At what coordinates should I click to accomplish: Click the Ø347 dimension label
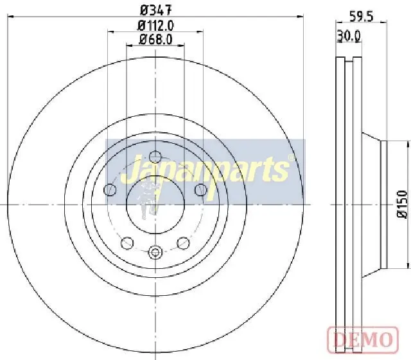pos(156,10)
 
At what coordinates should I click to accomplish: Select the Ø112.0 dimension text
pos(155,26)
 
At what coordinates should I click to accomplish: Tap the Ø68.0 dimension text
pos(155,40)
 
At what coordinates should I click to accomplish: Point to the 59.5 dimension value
pos(361,17)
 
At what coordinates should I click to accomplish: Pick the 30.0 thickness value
pos(349,36)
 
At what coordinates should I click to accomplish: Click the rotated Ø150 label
pos(403,204)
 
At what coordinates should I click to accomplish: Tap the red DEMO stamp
pos(363,339)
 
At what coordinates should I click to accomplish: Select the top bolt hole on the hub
pos(155,157)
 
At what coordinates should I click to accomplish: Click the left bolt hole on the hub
pos(110,190)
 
